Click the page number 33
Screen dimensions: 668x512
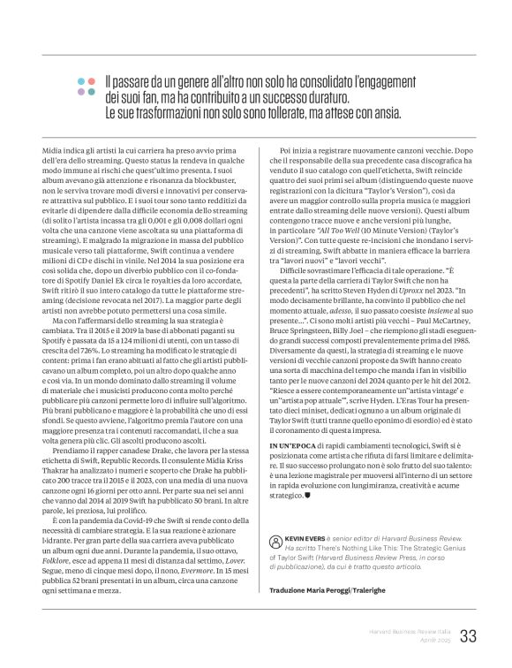pyautogui.click(x=468, y=635)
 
